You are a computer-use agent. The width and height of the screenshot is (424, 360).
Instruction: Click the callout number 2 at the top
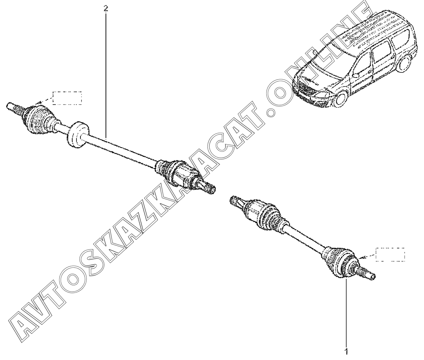click(x=106, y=9)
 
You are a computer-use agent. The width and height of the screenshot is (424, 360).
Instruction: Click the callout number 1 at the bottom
click(x=346, y=352)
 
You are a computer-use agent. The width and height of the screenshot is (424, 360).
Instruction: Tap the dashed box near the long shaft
click(x=67, y=98)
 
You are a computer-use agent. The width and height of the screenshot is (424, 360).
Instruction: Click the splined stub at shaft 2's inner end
click(x=208, y=187)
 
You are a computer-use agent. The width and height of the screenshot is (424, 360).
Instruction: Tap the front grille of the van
click(x=305, y=88)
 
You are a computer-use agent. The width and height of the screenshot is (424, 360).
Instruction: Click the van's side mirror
click(x=356, y=75)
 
